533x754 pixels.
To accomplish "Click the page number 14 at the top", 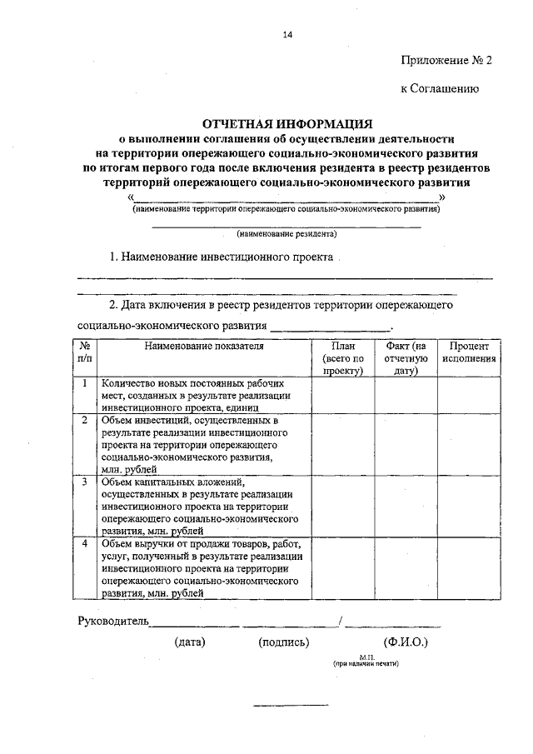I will click(x=287, y=34).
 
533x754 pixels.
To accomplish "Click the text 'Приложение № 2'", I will click(x=441, y=60).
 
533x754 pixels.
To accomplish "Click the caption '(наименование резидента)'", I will click(x=286, y=234).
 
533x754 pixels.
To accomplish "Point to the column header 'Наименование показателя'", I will click(x=203, y=345).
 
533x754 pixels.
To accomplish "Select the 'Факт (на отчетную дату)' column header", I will click(x=406, y=358).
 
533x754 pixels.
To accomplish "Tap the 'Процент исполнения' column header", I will click(x=469, y=352).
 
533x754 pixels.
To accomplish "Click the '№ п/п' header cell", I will click(x=85, y=352).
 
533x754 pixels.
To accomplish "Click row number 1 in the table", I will click(x=85, y=384).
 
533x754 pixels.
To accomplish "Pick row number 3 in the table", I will click(x=85, y=482).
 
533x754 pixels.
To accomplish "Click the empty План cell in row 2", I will click(x=342, y=445).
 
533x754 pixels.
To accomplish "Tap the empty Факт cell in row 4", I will click(x=406, y=568).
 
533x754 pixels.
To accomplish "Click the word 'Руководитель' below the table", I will click(x=113, y=621).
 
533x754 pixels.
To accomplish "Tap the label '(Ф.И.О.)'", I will click(x=406, y=642).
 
